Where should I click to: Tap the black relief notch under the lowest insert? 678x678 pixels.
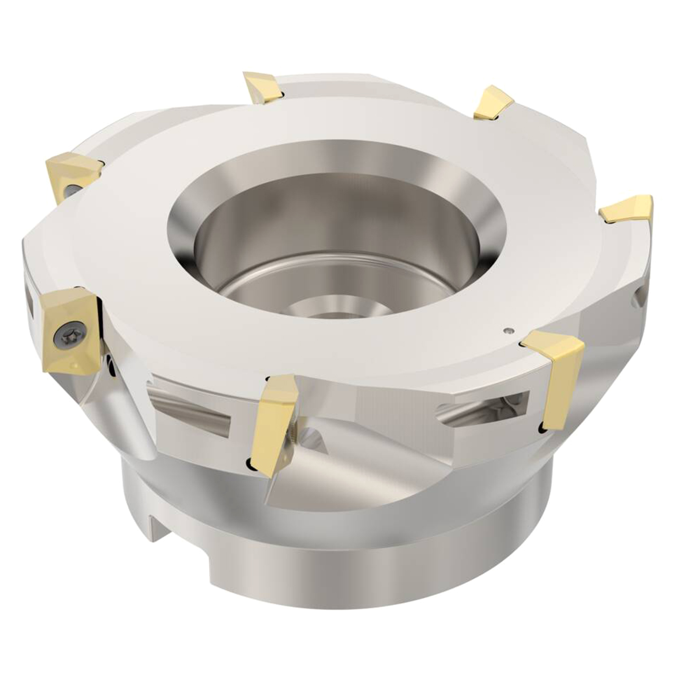click(x=249, y=465)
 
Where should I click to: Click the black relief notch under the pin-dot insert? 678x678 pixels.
click(x=541, y=426)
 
